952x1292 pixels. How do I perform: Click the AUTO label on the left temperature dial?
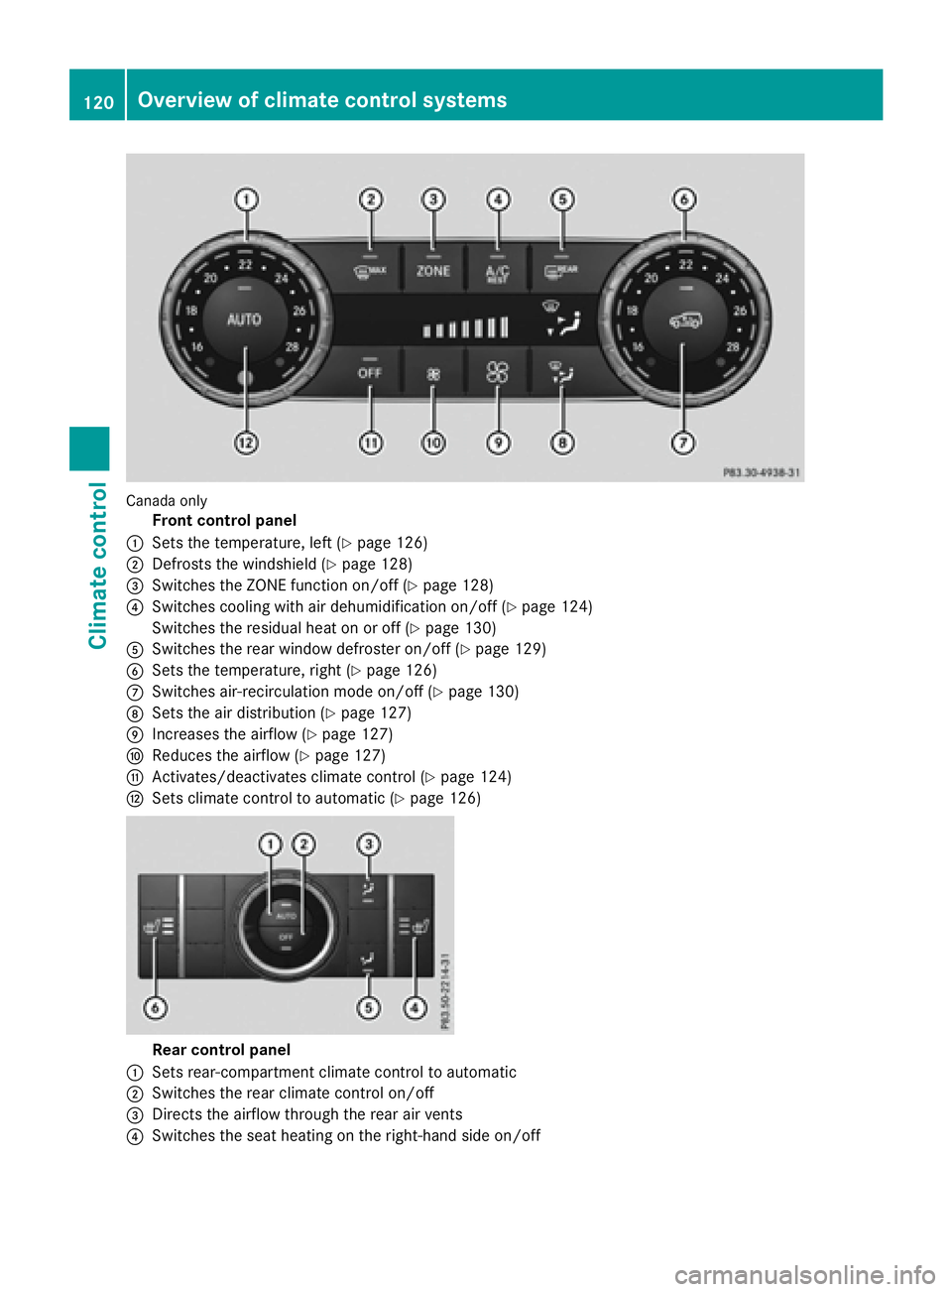click(x=244, y=320)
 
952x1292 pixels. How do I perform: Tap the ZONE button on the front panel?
click(x=433, y=270)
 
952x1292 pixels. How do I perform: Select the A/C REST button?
click(x=497, y=273)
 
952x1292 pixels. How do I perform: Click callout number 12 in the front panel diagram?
click(x=246, y=443)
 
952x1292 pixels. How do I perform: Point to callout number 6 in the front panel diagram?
click(x=684, y=199)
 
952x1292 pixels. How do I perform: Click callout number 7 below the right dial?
click(x=683, y=443)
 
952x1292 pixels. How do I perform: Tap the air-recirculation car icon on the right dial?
click(x=685, y=320)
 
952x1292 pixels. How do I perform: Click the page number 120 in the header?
click(x=98, y=101)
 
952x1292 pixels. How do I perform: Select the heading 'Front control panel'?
click(x=224, y=521)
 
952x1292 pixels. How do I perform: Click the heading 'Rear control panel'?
click(x=221, y=1050)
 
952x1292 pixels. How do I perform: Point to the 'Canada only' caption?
click(x=167, y=501)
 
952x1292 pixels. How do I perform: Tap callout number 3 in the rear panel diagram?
click(x=369, y=844)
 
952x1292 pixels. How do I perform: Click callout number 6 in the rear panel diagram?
click(x=155, y=1008)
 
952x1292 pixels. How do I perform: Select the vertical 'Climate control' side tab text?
click(x=98, y=566)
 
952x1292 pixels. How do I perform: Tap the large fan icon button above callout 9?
click(x=497, y=372)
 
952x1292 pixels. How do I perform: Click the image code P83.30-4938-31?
click(x=762, y=472)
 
